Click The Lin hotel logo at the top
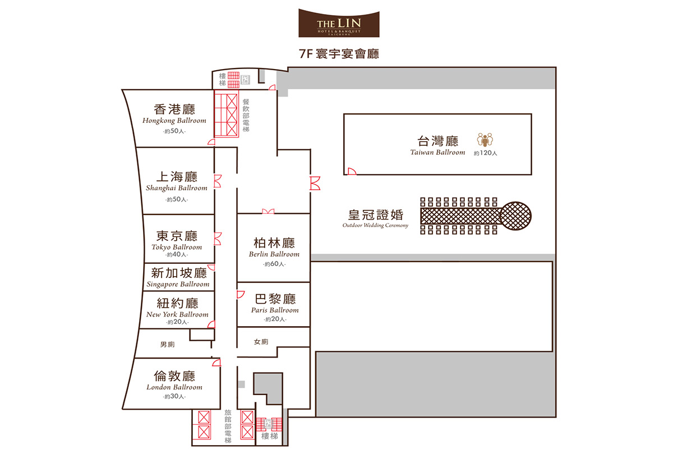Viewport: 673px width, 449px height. pos(339,23)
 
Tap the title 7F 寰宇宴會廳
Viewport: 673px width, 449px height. pos(339,54)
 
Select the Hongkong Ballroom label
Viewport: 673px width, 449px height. pos(174,121)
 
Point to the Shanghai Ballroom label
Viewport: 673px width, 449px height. pos(177,188)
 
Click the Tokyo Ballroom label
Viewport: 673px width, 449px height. pos(177,247)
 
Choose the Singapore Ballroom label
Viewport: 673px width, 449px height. pos(178,284)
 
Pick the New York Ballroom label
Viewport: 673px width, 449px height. pos(177,314)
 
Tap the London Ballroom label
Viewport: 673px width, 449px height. pos(174,387)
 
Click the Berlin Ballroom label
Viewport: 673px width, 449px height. pos(274,254)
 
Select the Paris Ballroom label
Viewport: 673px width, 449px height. pos(275,310)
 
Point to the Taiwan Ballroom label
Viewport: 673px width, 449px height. pos(437,153)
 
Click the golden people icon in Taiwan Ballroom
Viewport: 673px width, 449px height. pos(485,140)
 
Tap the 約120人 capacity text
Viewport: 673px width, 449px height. pos(486,153)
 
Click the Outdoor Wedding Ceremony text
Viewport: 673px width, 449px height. pos(375,226)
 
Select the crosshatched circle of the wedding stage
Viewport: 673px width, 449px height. pos(515,216)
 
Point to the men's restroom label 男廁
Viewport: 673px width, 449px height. pos(167,345)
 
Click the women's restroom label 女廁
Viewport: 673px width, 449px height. pos(261,342)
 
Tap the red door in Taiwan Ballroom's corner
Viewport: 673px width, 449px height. pos(352,171)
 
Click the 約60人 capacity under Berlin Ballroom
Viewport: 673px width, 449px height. pos(274,264)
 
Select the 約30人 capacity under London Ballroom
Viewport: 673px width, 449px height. pos(174,396)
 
